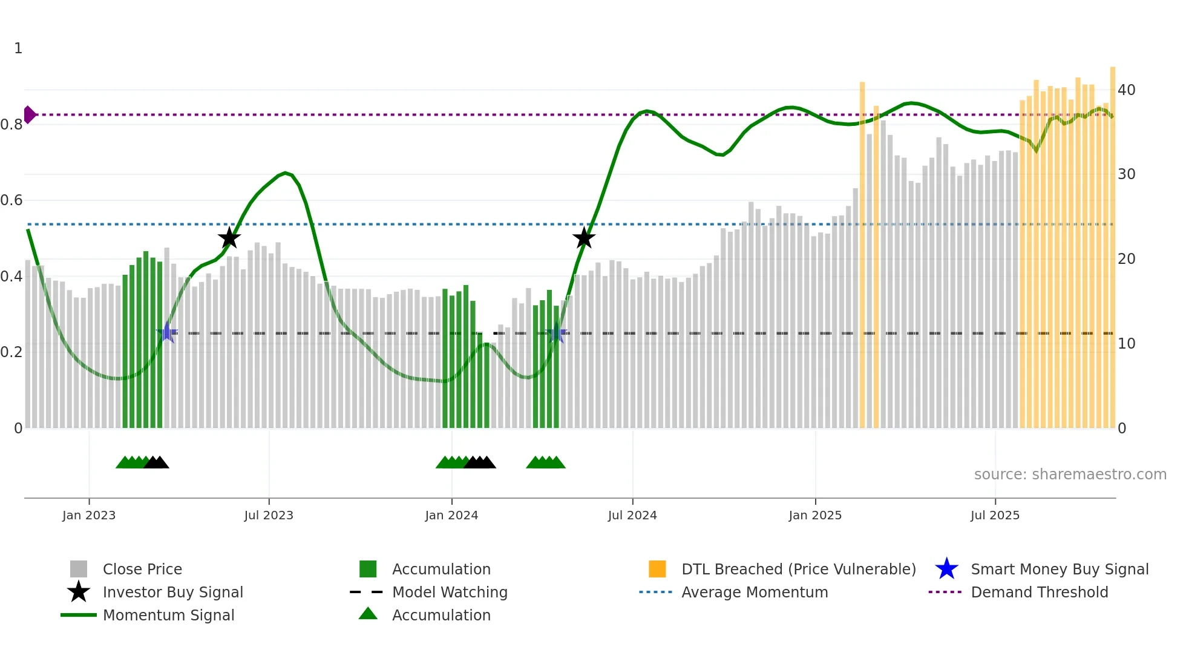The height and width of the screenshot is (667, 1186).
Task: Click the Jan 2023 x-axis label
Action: [89, 515]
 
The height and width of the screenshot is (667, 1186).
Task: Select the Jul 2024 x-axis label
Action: [632, 515]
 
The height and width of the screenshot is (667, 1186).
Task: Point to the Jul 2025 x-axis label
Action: [995, 515]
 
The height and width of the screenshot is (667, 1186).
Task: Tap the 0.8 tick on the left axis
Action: [11, 125]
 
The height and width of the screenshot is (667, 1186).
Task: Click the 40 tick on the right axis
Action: [1126, 90]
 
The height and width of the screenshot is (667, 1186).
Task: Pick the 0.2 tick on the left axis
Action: [11, 352]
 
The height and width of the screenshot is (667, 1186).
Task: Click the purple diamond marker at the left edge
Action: [29, 114]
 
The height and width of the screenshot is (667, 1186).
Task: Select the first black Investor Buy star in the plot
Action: [229, 238]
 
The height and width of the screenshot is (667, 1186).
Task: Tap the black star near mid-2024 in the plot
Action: [584, 238]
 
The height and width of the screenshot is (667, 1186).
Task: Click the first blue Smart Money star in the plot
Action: [166, 333]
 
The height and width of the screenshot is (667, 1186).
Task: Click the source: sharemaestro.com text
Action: [1070, 475]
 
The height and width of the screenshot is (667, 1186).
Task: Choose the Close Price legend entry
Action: [142, 569]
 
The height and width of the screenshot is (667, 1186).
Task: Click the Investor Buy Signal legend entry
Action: [172, 592]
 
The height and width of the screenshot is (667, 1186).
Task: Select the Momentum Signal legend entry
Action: [168, 615]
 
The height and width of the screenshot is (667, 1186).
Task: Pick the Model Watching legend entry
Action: [450, 592]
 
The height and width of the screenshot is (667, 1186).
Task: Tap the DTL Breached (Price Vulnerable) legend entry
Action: [798, 569]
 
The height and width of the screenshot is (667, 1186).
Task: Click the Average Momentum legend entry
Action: [755, 592]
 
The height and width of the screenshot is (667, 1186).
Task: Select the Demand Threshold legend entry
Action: [1039, 592]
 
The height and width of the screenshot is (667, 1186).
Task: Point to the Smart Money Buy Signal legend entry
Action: [1059, 569]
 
